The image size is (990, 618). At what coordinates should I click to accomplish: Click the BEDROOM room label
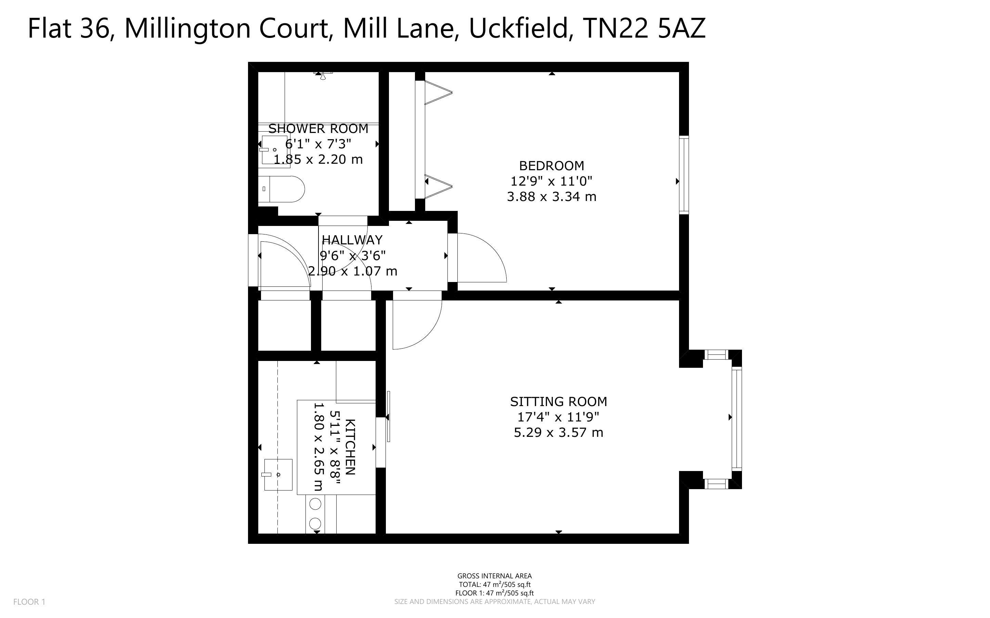[552, 165]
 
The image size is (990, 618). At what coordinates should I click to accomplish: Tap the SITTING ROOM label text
[559, 402]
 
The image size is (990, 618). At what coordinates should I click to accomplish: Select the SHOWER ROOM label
[318, 129]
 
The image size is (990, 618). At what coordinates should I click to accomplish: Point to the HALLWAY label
[352, 240]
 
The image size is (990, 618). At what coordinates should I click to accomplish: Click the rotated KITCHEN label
[350, 447]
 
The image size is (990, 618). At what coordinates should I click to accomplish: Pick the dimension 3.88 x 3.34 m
[552, 197]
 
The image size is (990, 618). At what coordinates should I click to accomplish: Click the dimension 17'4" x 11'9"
[559, 417]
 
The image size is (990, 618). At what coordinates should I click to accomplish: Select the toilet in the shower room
[282, 189]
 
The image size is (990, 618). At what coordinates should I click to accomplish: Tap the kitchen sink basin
[278, 474]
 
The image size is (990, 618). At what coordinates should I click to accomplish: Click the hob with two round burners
[316, 514]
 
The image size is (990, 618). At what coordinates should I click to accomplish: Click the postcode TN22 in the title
[615, 28]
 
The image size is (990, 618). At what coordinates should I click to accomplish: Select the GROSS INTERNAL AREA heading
[494, 576]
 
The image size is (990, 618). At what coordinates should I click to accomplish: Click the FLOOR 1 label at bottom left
[29, 602]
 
